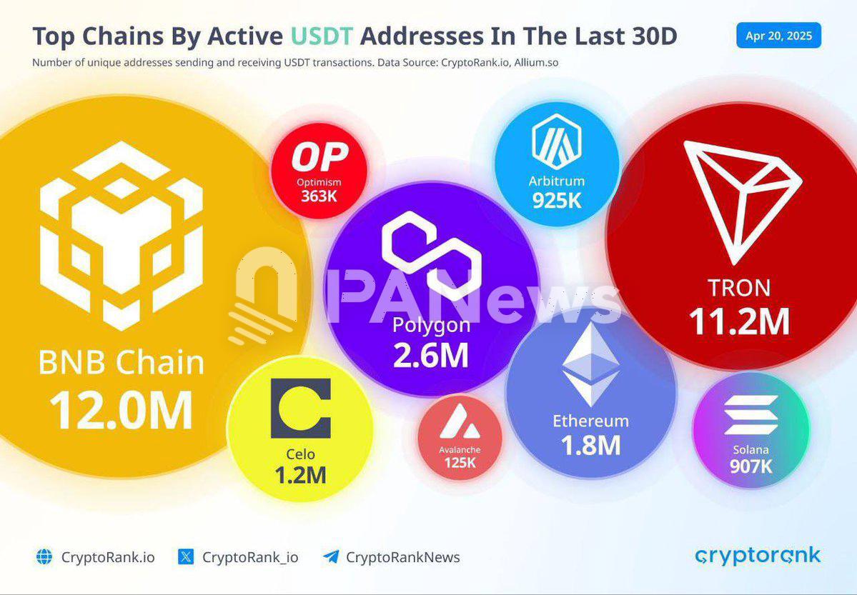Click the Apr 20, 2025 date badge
pyautogui.click(x=778, y=36)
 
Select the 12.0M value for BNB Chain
pyautogui.click(x=122, y=410)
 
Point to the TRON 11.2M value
pyautogui.click(x=739, y=321)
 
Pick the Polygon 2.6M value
pyautogui.click(x=431, y=355)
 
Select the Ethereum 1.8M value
pyautogui.click(x=590, y=446)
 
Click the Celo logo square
pyautogui.click(x=300, y=409)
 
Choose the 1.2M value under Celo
pyautogui.click(x=300, y=474)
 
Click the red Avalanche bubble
pyautogui.click(x=460, y=438)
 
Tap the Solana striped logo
pyautogui.click(x=751, y=415)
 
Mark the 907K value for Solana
pyautogui.click(x=751, y=466)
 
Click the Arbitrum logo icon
pyautogui.click(x=557, y=141)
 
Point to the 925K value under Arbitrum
pyautogui.click(x=557, y=201)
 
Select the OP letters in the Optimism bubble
pyautogui.click(x=319, y=157)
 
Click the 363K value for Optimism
pyautogui.click(x=319, y=195)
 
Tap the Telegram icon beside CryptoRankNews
pyautogui.click(x=330, y=557)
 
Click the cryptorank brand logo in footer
pyautogui.click(x=758, y=556)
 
